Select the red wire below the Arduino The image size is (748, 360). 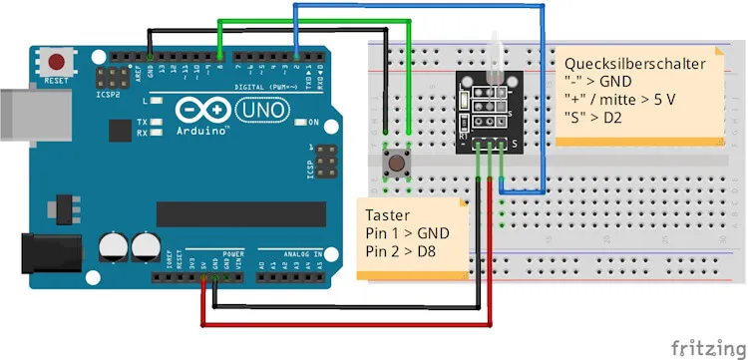[349, 325]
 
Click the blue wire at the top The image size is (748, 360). [419, 7]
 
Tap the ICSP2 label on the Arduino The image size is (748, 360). [109, 96]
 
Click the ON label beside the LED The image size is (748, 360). [313, 123]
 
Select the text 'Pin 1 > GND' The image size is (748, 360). [408, 232]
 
